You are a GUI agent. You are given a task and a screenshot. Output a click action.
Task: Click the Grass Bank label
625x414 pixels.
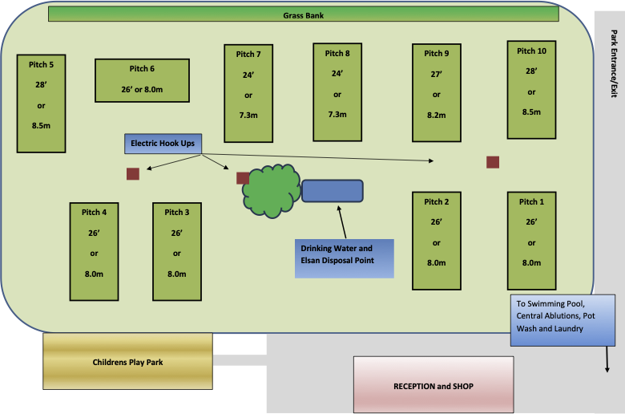tap(304, 15)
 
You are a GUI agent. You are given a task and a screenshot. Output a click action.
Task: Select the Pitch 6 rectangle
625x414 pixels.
tap(142, 81)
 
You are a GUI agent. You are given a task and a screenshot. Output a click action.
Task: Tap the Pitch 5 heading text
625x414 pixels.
tap(41, 65)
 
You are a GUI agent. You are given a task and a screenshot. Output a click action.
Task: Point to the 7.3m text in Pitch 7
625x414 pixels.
tap(248, 116)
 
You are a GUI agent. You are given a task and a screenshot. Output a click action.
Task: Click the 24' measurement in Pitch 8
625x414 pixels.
tap(337, 74)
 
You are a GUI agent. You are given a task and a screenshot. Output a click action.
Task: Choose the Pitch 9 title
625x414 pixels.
tap(437, 54)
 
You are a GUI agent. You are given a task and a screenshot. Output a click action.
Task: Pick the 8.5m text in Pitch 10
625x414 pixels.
tap(531, 112)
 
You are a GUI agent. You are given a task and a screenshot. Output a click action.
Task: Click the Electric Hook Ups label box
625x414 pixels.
tap(163, 144)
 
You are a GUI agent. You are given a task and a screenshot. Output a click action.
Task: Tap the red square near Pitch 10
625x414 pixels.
tap(493, 162)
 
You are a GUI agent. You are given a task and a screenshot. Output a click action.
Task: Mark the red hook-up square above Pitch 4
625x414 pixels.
tap(133, 173)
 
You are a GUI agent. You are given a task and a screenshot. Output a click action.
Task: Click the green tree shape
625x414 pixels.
tap(272, 191)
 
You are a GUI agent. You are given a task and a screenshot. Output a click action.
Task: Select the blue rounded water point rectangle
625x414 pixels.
tap(333, 191)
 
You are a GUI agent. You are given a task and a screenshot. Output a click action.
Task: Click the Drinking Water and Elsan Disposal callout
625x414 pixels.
tap(345, 258)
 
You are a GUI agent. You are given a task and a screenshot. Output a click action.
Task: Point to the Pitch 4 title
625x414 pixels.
tap(94, 213)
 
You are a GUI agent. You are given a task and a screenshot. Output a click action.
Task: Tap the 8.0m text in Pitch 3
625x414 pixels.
tap(176, 274)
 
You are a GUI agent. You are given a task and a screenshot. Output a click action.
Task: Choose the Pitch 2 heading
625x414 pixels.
tap(437, 202)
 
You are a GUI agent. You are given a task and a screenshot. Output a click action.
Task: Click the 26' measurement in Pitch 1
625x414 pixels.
tap(531, 222)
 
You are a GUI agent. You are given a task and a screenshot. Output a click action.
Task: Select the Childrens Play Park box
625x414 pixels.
tap(127, 361)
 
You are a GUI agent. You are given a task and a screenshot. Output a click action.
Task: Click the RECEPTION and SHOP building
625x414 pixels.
tap(433, 384)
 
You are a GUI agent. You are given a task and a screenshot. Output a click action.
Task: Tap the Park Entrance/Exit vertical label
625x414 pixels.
tap(614, 63)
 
